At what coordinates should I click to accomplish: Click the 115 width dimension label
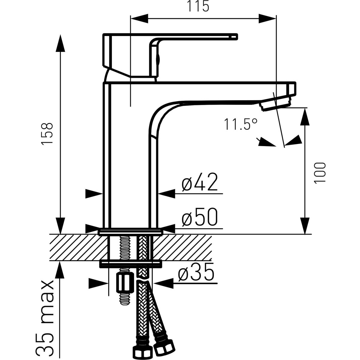[198, 7]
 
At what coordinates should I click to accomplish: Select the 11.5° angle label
[240, 124]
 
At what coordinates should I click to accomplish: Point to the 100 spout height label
[320, 173]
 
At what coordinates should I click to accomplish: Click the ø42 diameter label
[200, 182]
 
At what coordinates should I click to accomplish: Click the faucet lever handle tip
[236, 37]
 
